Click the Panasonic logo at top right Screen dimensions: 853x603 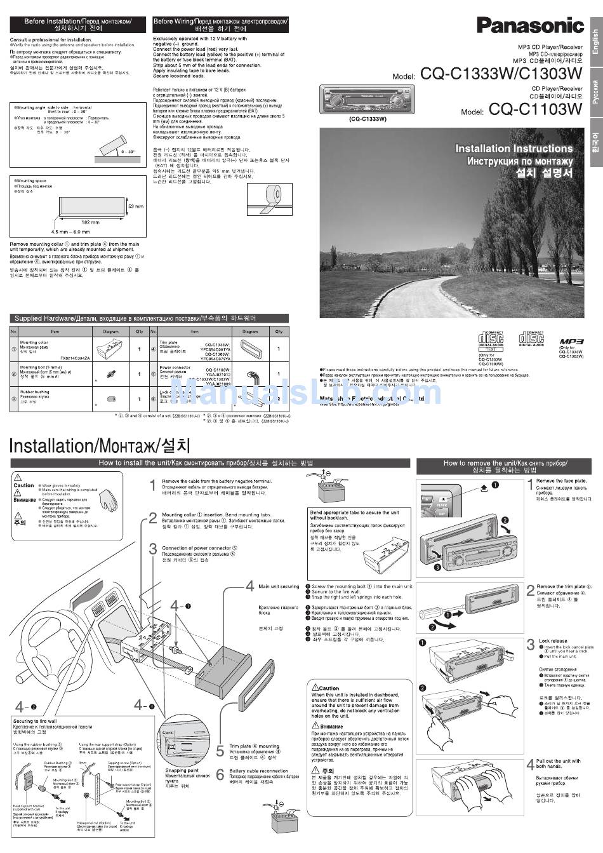coord(530,25)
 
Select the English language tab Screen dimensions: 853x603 coord(595,42)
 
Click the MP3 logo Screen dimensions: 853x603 coord(571,342)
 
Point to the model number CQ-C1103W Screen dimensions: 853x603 coord(535,110)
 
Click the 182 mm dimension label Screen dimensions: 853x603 coord(91,222)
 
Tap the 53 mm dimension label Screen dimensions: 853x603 coord(136,206)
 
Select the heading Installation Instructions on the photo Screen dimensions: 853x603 coord(514,149)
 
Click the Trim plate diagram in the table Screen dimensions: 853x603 coord(249,349)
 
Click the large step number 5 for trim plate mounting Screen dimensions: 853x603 coord(220,751)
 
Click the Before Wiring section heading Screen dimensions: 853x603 coord(220,22)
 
